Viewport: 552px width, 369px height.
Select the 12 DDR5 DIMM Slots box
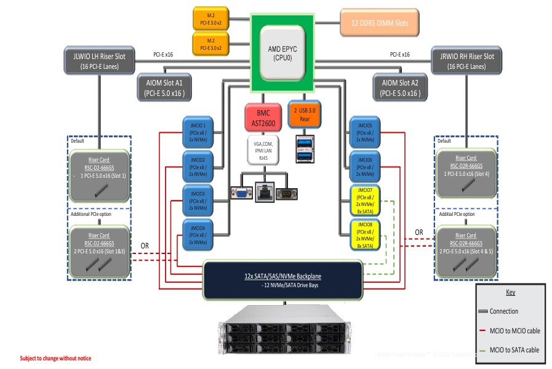(382, 23)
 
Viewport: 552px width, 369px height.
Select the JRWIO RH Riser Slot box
(463, 60)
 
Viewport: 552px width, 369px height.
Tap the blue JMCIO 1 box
(197, 130)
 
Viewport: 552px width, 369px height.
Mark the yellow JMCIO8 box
(365, 234)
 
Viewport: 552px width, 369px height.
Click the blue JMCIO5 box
(365, 130)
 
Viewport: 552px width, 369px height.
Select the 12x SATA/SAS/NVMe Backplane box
(282, 280)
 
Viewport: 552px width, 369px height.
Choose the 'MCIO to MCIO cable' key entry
(514, 331)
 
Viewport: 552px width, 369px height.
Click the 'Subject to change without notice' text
(56, 358)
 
